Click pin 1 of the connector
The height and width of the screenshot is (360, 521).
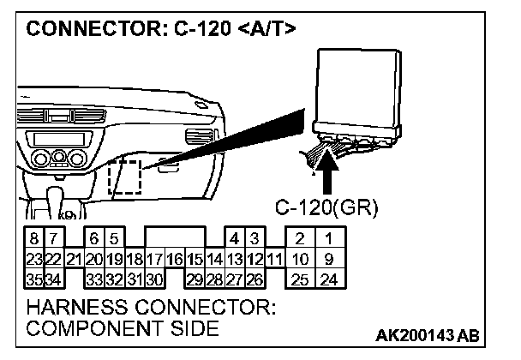[x=329, y=239]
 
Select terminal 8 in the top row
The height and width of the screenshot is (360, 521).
[x=33, y=239]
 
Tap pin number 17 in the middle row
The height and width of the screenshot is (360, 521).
[x=155, y=257]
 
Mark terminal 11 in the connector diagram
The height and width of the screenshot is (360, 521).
[x=273, y=257]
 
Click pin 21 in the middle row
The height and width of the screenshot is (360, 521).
[x=75, y=257]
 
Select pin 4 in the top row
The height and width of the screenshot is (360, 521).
[x=234, y=239]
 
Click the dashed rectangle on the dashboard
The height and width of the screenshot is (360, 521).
[x=126, y=178]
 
